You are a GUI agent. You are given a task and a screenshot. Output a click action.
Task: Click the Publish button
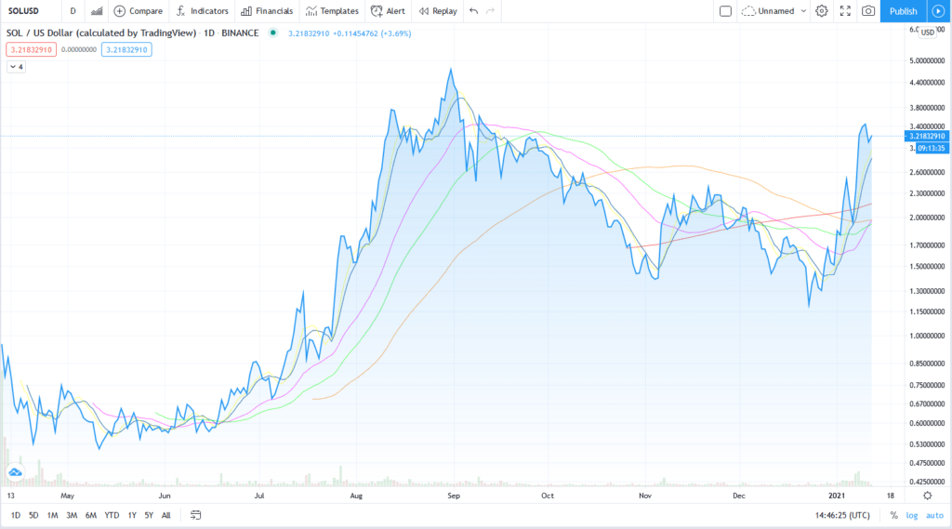click(x=903, y=11)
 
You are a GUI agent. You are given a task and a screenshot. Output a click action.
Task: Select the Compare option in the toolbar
click(x=138, y=11)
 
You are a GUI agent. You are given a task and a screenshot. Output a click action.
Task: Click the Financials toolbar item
click(x=267, y=11)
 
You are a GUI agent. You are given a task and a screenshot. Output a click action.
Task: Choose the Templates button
click(x=332, y=11)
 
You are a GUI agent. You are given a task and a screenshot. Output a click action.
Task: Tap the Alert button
click(x=388, y=11)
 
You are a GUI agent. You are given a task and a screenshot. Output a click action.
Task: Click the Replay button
click(x=437, y=11)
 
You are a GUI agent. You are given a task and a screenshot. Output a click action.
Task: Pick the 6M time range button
click(x=90, y=514)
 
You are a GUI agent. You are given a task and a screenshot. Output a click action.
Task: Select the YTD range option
click(x=112, y=514)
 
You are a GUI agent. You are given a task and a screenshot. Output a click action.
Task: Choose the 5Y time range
click(x=149, y=514)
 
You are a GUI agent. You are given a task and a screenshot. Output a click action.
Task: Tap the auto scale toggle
click(x=934, y=514)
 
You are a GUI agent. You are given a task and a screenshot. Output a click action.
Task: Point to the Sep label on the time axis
click(x=454, y=496)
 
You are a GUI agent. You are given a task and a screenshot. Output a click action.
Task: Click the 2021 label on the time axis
click(x=839, y=496)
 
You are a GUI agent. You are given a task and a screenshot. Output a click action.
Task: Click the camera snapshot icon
click(x=867, y=11)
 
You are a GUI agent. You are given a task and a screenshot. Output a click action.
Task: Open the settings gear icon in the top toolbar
click(x=822, y=11)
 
